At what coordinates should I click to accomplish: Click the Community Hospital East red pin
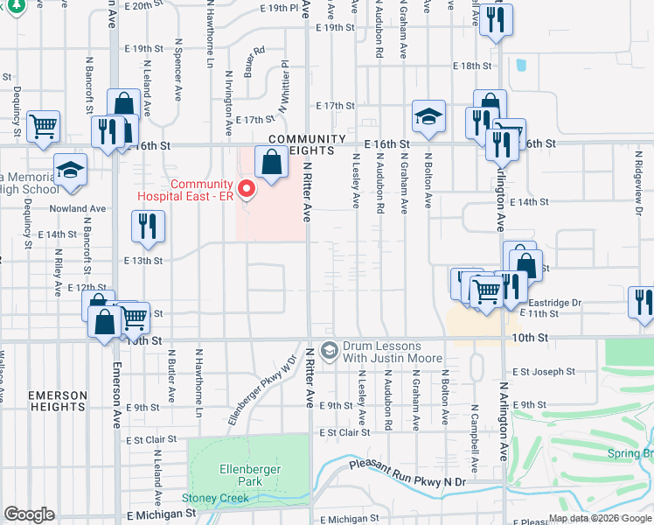(247, 188)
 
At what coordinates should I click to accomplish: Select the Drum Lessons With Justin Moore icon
(329, 351)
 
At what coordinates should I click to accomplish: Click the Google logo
(30, 514)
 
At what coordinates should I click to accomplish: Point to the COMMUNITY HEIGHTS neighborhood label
(308, 145)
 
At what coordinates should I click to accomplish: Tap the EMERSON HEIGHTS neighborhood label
(58, 402)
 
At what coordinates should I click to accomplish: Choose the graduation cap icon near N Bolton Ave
(429, 116)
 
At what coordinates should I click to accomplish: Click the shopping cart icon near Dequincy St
(42, 126)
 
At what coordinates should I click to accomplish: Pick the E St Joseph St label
(544, 372)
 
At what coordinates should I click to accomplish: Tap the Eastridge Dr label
(555, 303)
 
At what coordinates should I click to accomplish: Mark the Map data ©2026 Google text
(601, 518)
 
